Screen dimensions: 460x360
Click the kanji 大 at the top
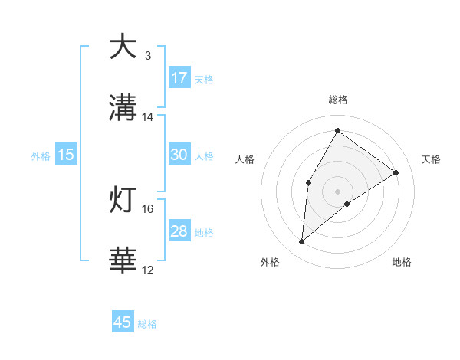[123, 47]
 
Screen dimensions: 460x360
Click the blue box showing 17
[179, 77]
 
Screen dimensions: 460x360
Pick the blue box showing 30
[179, 155]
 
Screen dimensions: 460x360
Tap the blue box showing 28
[179, 231]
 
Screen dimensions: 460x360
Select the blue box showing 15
[66, 155]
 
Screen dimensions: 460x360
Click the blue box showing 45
[123, 322]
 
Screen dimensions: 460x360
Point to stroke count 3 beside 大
[148, 56]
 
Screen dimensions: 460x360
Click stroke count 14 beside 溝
[148, 117]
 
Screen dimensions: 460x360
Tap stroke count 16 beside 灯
[148, 209]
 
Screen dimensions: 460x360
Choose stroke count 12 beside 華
[148, 270]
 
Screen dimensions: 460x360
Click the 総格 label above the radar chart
[337, 100]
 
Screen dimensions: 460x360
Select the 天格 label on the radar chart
[431, 159]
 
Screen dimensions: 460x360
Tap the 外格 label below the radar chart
[270, 262]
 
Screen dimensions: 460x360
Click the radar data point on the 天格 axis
[396, 172]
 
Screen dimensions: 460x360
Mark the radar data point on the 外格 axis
[302, 242]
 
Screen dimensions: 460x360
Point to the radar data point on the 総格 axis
[337, 130]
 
